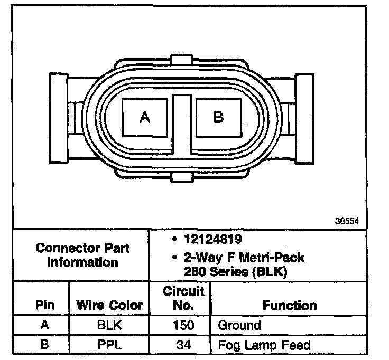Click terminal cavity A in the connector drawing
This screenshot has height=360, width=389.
145,117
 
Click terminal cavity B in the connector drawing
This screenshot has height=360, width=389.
219,117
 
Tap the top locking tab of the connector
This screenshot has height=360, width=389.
182,60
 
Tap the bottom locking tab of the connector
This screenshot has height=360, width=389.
182,178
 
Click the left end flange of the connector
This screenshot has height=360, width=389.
59,118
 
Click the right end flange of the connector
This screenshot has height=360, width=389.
304,119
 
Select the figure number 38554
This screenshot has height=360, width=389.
347,221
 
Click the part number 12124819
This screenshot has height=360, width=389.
212,239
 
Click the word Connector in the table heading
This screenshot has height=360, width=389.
67,248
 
